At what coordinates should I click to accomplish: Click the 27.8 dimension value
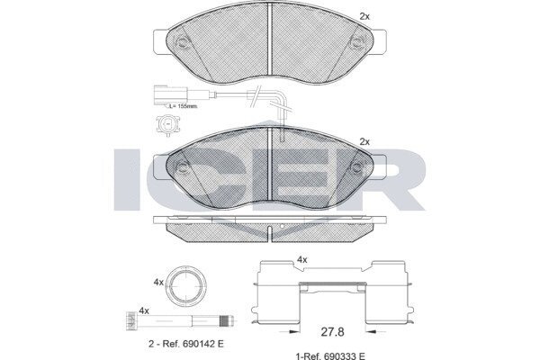point(332,332)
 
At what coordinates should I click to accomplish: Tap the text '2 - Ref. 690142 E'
point(186,344)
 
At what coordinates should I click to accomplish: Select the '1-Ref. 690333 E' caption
point(330,355)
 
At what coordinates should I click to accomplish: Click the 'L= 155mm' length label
point(184,106)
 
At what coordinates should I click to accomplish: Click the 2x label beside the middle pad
point(364,141)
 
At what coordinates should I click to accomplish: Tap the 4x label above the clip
point(302,260)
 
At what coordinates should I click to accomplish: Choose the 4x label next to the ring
point(158,283)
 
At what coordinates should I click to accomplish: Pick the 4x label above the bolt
point(144,310)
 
